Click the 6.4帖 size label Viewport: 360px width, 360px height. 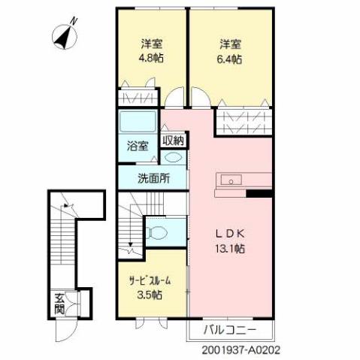pos(230,57)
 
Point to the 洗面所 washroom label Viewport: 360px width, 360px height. pos(153,179)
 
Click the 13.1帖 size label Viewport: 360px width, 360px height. pos(230,249)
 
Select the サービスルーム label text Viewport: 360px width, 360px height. pos(150,280)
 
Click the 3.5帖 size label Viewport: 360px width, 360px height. pos(150,295)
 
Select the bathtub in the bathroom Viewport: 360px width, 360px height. pos(137,123)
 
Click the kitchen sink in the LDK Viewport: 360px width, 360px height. pos(230,180)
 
